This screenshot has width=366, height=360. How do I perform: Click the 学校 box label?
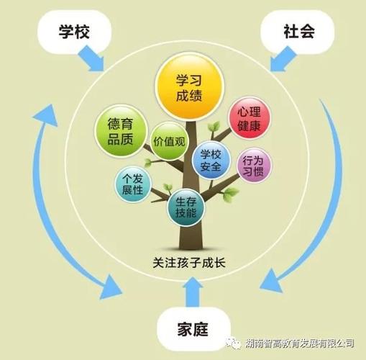(74, 32)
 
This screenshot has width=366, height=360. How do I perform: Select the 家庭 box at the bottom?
(193, 329)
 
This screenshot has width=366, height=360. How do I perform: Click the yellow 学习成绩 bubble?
(189, 87)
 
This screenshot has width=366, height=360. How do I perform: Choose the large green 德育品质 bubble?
(121, 131)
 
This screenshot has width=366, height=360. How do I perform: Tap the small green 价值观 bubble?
(169, 141)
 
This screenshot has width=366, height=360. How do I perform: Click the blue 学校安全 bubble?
(211, 161)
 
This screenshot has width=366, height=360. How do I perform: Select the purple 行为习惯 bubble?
(254, 166)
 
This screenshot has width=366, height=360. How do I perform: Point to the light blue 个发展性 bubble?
(133, 184)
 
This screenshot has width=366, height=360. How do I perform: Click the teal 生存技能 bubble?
(186, 207)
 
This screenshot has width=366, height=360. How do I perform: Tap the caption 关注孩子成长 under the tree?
(189, 263)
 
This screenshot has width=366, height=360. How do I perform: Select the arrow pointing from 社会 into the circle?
(283, 59)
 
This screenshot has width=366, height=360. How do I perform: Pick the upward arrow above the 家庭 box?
(193, 292)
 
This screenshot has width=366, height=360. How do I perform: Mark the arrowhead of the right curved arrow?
(272, 281)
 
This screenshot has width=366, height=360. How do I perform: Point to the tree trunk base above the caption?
(191, 240)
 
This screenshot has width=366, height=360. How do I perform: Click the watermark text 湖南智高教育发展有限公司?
(300, 343)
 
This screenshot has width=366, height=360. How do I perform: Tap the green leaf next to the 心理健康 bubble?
(214, 127)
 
